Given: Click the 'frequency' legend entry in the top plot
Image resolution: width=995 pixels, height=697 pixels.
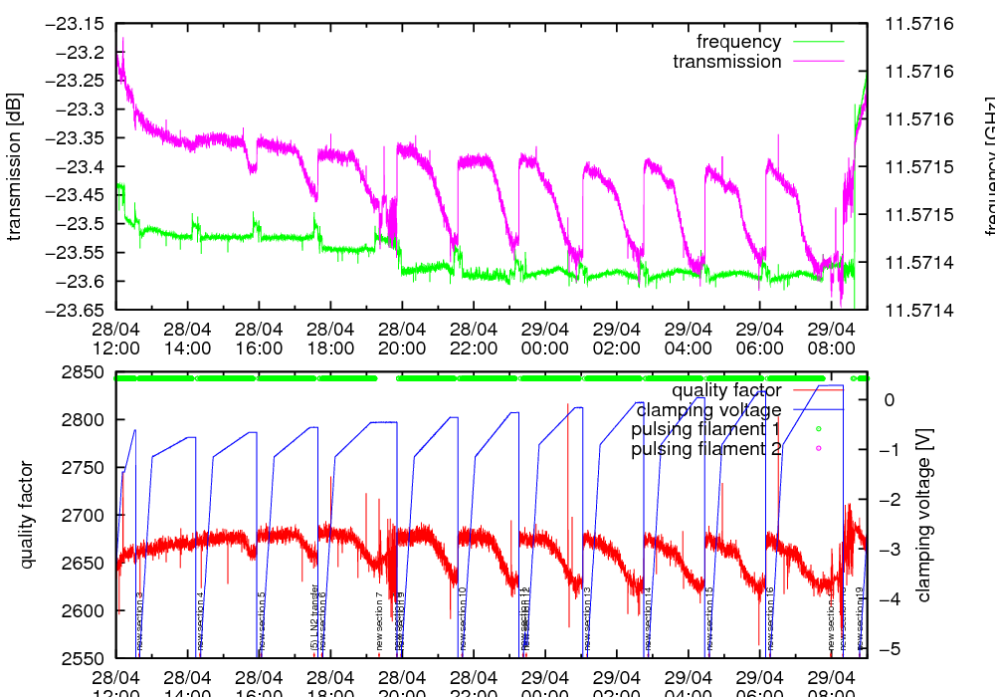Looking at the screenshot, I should coord(739,42).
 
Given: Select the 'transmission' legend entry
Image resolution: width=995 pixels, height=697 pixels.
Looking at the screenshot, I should coord(727,62).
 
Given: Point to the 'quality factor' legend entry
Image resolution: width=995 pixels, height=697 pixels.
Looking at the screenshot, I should coord(725,390).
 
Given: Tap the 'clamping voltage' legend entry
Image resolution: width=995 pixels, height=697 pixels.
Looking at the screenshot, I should coord(708,410).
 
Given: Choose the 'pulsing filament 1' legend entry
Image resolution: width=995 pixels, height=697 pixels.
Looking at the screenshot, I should coord(704,430).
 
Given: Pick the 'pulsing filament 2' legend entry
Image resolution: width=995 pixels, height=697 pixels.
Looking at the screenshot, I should coord(704,450).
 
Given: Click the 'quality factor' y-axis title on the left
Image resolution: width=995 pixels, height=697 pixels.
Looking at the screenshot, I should coord(27,516).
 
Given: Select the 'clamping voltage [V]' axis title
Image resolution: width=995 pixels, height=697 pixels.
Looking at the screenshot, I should coord(924,516).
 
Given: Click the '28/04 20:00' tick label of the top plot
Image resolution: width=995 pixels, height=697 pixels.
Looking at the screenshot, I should coord(402,339).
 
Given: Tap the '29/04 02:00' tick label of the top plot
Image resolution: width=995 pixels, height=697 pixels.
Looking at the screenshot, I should coord(617,339).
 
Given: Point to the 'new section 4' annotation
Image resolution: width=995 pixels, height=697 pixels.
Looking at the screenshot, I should coord(201,621).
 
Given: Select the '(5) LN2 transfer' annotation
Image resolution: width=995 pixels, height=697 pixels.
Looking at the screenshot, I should coord(314,616).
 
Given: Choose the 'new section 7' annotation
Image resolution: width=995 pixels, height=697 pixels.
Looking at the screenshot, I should coord(379,621).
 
